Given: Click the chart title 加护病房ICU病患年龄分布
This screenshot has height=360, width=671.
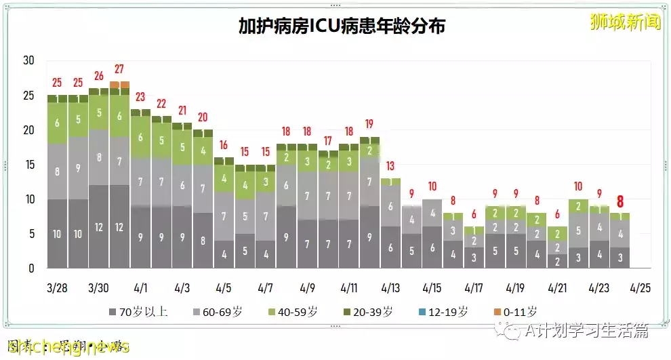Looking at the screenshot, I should [342, 26].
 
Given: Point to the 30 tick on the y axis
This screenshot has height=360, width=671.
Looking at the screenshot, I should [28, 60].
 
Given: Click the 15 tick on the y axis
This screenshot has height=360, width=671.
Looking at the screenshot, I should [28, 164].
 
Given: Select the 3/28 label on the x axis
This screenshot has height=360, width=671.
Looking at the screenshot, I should [58, 287].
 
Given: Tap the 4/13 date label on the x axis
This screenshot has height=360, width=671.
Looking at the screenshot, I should [390, 287].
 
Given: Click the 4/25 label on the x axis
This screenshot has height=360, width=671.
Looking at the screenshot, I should [640, 287].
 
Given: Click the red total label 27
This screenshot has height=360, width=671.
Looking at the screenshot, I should [119, 69].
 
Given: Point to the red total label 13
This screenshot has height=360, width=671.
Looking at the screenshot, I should [390, 166].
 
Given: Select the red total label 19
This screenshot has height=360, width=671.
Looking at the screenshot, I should [369, 124].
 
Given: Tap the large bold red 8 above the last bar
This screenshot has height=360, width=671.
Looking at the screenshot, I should [619, 201].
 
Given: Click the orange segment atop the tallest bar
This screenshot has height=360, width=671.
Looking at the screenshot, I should [119, 85].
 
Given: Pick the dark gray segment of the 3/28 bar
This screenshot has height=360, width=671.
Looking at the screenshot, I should [58, 233].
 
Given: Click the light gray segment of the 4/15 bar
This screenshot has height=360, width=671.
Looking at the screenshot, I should [432, 213].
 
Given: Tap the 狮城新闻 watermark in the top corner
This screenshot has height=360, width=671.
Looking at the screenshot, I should [625, 22].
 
